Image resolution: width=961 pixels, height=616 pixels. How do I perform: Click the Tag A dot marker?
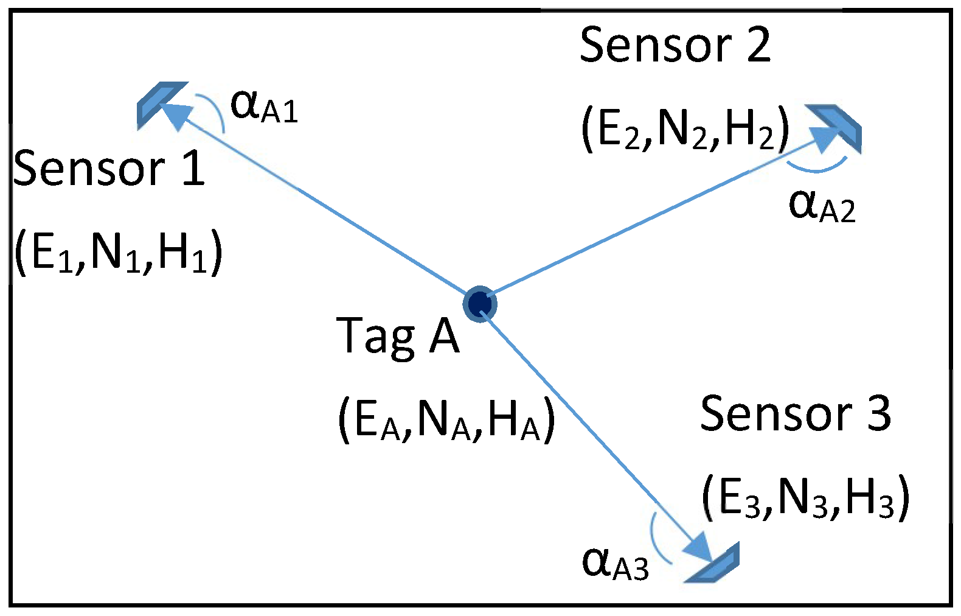(x=480, y=303)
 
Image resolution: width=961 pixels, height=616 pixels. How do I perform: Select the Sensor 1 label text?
(x=109, y=169)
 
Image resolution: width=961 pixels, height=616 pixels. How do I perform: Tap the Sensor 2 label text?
(x=675, y=46)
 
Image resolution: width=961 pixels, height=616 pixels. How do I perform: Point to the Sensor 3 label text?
(x=796, y=414)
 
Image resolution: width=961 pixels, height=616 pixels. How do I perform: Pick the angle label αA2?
(x=822, y=206)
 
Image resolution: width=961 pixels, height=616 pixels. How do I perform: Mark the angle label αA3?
(x=615, y=563)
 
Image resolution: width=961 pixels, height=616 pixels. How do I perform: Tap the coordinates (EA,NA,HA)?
(x=446, y=420)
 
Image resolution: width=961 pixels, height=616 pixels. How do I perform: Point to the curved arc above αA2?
(x=816, y=169)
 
